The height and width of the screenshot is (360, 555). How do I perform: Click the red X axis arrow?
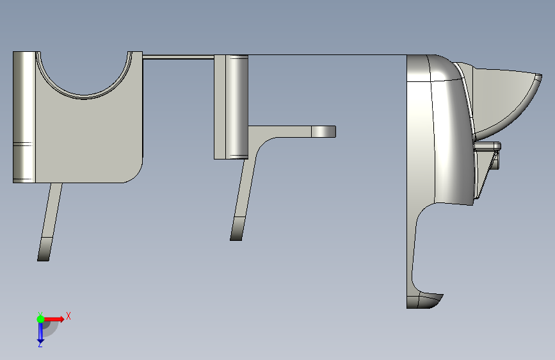click(x=54, y=319)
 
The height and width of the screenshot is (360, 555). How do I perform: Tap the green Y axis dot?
click(x=40, y=319)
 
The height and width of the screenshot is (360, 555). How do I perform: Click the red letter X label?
click(x=68, y=316)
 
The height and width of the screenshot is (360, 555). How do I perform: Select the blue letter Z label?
click(x=40, y=345)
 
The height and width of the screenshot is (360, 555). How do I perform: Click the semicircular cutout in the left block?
click(x=84, y=93)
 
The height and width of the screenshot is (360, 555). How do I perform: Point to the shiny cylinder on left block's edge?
click(x=24, y=117)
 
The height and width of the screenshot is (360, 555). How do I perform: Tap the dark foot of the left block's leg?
click(x=45, y=249)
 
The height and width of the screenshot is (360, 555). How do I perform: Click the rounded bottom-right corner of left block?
click(x=136, y=176)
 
